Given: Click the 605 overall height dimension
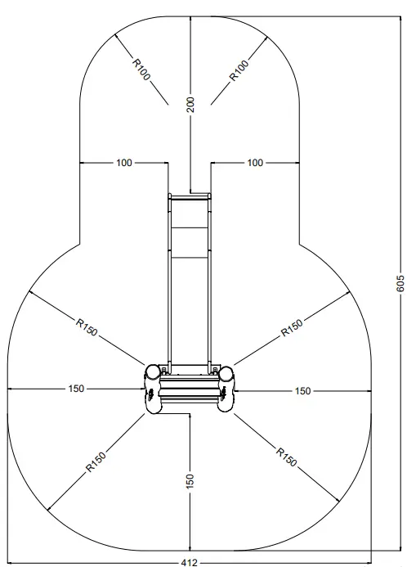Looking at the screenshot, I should [x=400, y=283].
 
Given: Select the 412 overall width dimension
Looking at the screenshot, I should [x=190, y=562].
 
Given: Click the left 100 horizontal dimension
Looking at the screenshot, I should [x=123, y=163].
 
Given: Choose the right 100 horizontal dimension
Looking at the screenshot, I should [x=255, y=163].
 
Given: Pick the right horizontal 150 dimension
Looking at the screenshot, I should [x=302, y=391].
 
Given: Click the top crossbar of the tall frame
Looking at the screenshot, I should [x=190, y=196].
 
